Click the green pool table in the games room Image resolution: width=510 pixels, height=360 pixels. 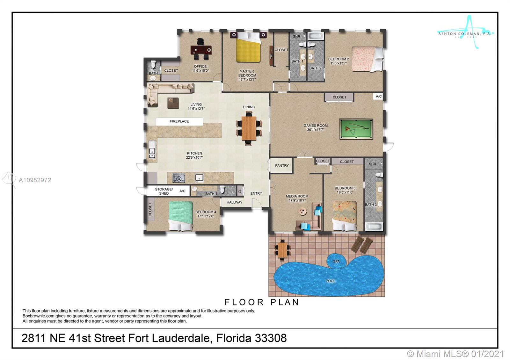(356, 129)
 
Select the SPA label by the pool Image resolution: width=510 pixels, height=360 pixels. (336, 261)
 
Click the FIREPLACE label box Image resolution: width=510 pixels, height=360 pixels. (179, 121)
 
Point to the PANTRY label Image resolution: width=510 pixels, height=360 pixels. (282, 165)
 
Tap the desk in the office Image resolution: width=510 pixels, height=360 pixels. (201, 50)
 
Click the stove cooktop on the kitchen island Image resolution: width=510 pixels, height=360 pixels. (179, 178)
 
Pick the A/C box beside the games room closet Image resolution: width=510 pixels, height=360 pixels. (379, 96)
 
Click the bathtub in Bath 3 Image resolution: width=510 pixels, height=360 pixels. (374, 227)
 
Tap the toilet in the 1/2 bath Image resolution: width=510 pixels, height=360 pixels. (154, 64)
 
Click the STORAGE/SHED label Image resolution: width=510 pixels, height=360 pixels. (164, 191)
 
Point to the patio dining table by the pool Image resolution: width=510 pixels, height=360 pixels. (282, 250)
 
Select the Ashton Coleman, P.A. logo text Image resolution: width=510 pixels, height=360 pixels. (464, 34)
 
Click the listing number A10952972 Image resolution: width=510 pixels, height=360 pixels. (35, 180)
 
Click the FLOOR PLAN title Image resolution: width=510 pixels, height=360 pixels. (262, 302)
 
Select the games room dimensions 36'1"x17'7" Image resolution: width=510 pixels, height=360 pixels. (315, 130)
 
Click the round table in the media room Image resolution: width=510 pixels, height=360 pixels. (302, 212)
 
